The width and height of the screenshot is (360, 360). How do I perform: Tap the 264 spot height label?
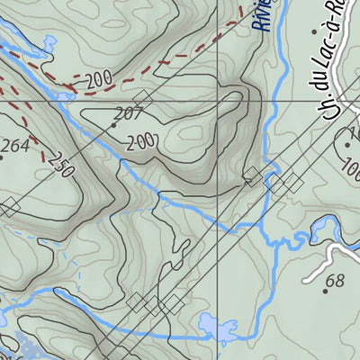[x=13, y=147]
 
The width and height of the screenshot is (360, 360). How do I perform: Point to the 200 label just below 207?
[x=141, y=141]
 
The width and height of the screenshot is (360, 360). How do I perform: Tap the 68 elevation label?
[x=334, y=281]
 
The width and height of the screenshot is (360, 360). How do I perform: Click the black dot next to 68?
[x=326, y=291]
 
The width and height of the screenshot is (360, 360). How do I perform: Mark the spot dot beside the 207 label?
[x=113, y=125]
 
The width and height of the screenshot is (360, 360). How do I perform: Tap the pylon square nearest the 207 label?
[x=141, y=97]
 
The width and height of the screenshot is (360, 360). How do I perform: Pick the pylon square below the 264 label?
[x=9, y=208]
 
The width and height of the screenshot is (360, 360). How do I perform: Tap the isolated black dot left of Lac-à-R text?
[x=312, y=32]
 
